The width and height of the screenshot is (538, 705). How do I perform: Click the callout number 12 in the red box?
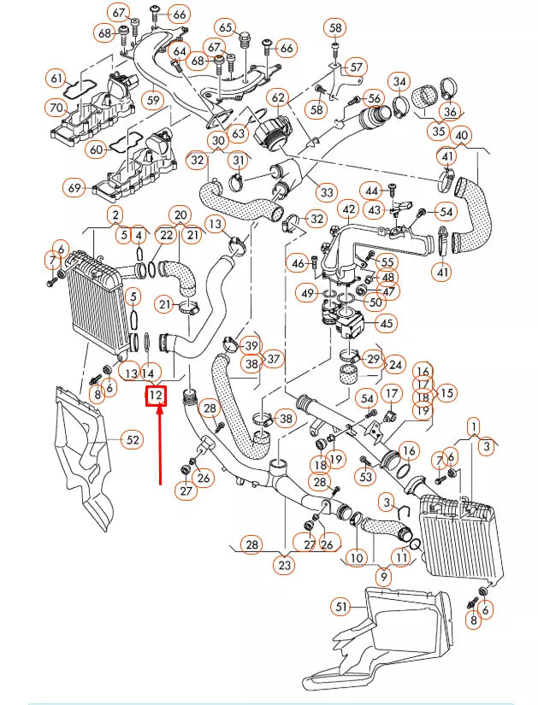tap(156, 397)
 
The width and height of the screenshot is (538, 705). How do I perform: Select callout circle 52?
tap(132, 440)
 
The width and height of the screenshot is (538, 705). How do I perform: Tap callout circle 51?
tap(342, 608)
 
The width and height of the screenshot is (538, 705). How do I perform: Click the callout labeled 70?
tap(56, 108)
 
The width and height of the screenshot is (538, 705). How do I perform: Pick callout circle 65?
tap(226, 27)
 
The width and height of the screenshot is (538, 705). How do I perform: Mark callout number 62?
tap(278, 97)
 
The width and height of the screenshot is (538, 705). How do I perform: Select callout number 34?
tap(399, 82)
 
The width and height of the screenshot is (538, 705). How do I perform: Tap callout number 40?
tap(462, 136)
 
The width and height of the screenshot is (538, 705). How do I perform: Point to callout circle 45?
tap(387, 323)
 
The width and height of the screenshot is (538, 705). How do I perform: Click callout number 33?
tap(325, 191)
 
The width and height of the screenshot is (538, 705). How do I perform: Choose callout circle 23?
tap(285, 564)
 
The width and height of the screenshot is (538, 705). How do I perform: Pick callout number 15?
tap(447, 393)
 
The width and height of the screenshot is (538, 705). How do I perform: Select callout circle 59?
tap(152, 100)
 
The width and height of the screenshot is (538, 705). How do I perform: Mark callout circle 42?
tap(348, 209)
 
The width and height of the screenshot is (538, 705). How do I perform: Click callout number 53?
tap(366, 476)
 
